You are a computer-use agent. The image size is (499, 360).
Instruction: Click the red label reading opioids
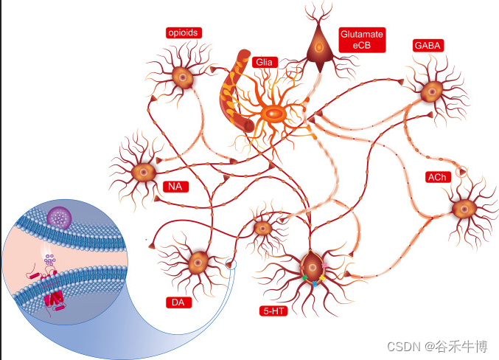[184, 32]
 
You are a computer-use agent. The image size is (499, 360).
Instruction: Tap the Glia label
[263, 63]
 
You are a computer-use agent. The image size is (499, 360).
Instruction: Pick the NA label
[175, 186]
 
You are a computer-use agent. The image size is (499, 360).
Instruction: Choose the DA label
[177, 302]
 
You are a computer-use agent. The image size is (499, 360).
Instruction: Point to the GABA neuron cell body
[430, 91]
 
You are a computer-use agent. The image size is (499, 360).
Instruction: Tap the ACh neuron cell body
[464, 208]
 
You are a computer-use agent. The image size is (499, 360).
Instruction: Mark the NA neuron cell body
[142, 172]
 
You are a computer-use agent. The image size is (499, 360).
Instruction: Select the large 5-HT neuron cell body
[313, 266]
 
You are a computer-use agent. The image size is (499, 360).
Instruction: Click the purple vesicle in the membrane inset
[59, 218]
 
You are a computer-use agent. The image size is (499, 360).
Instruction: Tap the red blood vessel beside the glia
[237, 92]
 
